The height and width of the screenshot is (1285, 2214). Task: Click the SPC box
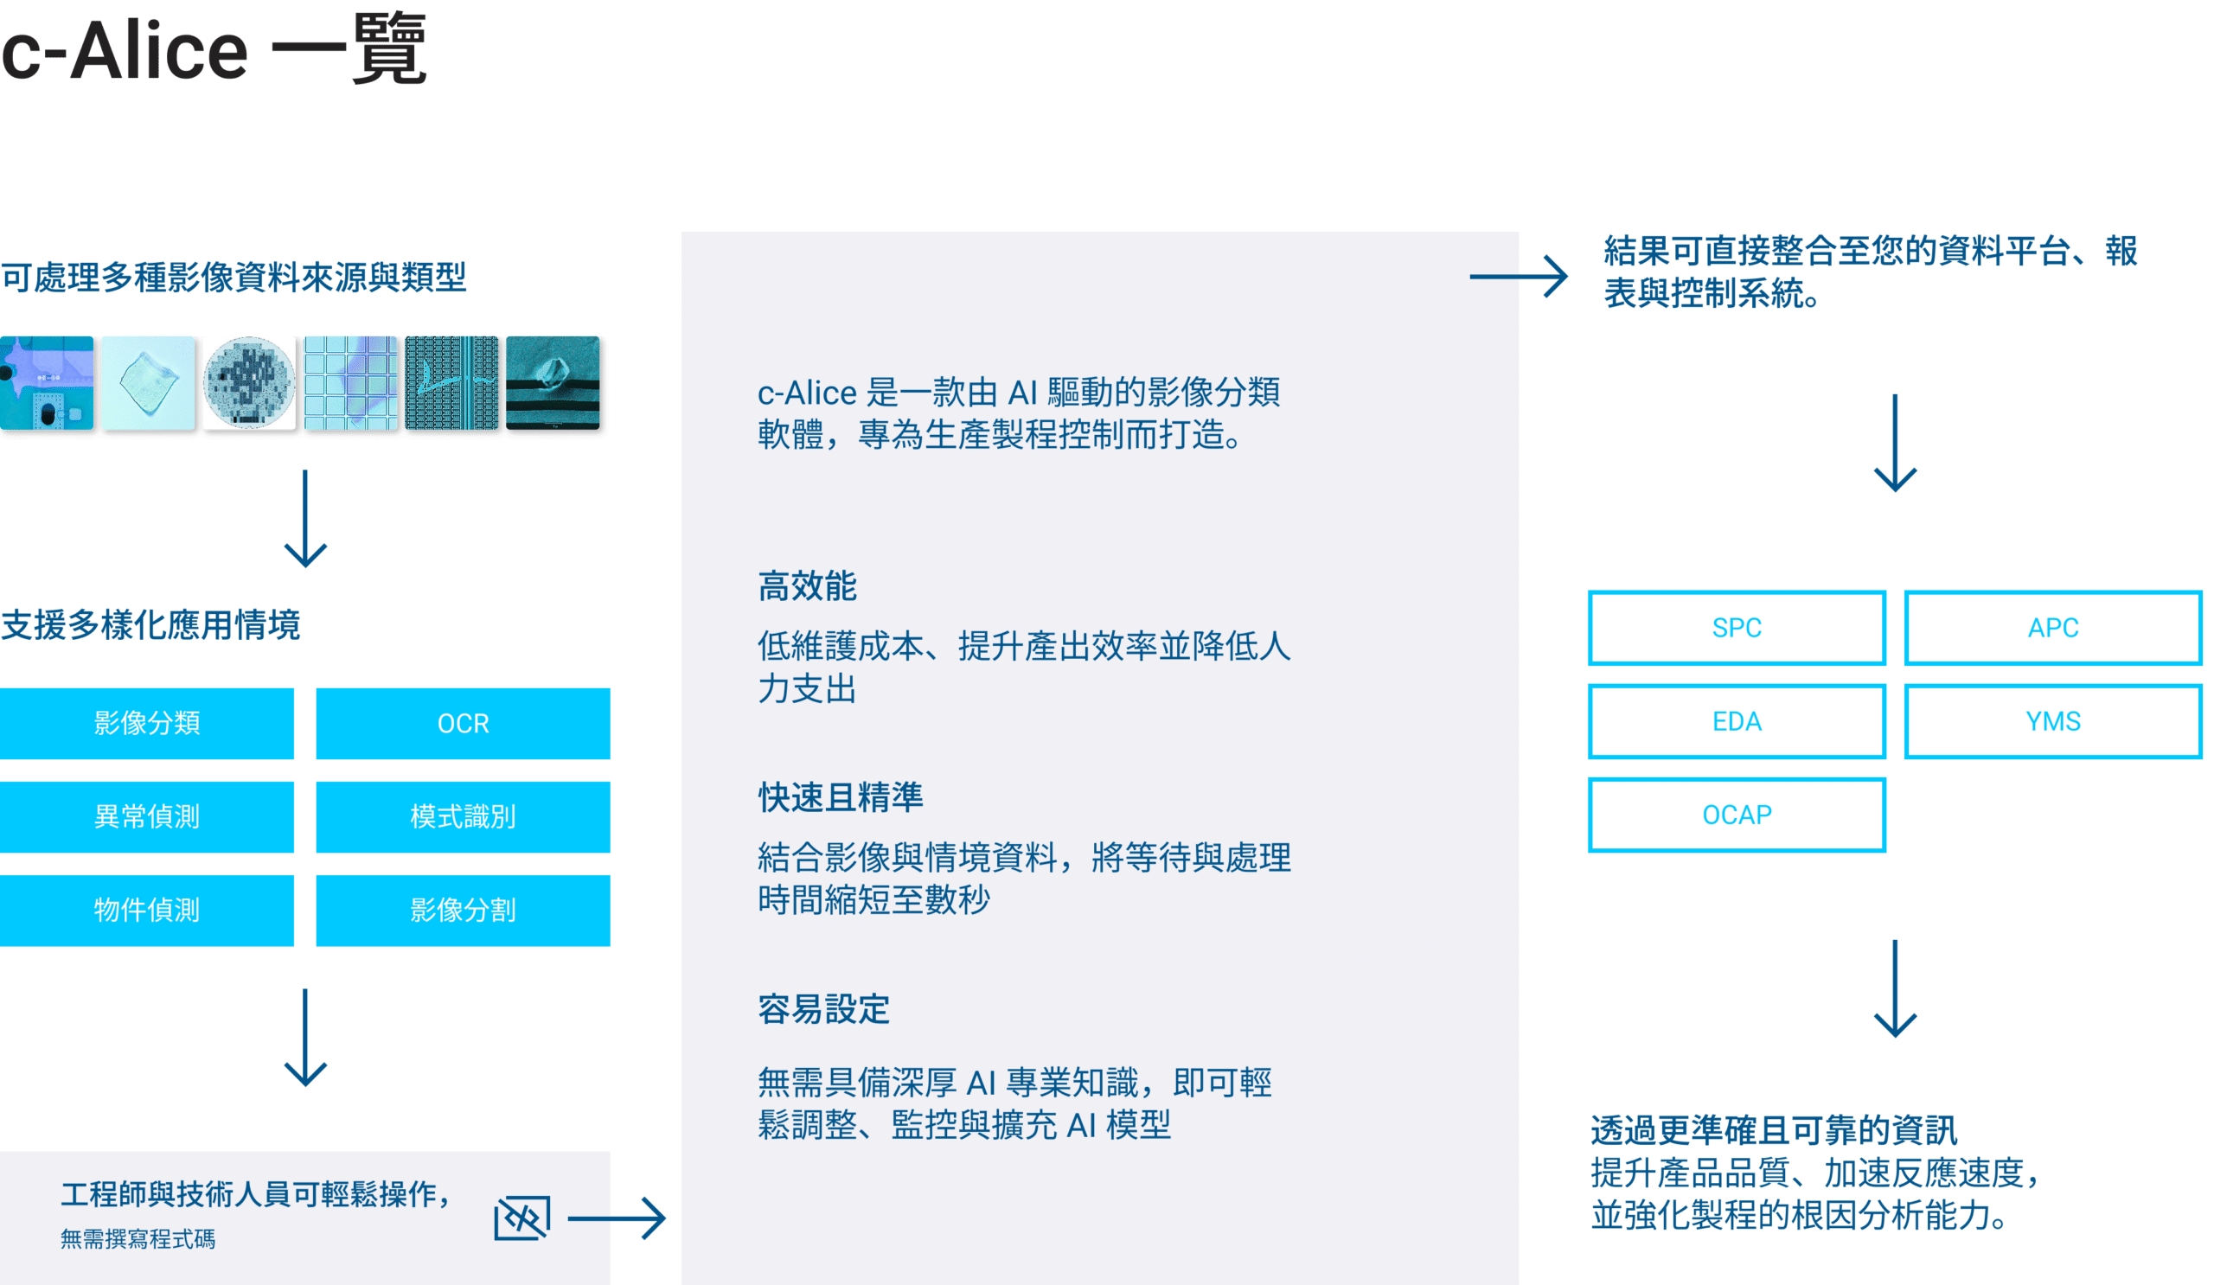(1736, 627)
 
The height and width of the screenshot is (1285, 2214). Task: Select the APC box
(2052, 627)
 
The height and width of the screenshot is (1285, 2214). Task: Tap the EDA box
(1736, 721)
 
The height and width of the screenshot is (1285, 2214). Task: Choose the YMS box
(2052, 721)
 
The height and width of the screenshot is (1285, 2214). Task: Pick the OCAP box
(1736, 815)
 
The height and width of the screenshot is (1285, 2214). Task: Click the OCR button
(463, 723)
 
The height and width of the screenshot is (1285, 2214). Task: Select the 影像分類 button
(147, 723)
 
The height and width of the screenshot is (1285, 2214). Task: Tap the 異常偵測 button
(147, 817)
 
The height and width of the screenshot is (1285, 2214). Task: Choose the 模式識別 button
(463, 817)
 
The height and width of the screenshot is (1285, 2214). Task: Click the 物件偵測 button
(147, 910)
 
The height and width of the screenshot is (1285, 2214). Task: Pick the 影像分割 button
(463, 910)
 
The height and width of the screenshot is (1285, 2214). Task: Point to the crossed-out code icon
(522, 1218)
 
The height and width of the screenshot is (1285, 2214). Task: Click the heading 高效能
(807, 585)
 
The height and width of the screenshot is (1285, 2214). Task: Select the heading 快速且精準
(840, 796)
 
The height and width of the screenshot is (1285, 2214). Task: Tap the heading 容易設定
(823, 1009)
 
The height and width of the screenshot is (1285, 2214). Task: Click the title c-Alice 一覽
(214, 50)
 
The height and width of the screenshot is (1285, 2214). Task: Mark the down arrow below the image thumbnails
(305, 518)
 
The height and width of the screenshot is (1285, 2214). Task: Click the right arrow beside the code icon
(617, 1218)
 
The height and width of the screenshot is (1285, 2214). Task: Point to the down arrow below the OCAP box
(1895, 988)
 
